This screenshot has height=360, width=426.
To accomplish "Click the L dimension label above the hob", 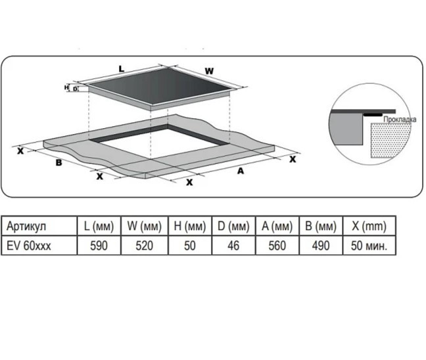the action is (x=122, y=69).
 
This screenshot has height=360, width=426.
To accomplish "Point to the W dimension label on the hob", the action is (x=209, y=71).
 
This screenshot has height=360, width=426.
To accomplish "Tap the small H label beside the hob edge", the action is (x=66, y=87).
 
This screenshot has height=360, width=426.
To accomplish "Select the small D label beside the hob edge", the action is (x=75, y=89).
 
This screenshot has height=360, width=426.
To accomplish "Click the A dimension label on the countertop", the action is (x=241, y=171).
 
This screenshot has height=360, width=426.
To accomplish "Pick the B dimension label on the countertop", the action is (x=59, y=163).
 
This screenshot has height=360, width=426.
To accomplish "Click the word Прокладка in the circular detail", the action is (x=400, y=120).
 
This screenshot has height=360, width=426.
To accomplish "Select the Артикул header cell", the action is (x=39, y=226).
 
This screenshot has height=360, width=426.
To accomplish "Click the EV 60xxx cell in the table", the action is (x=39, y=246).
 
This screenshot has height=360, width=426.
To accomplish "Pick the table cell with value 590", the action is (x=99, y=246).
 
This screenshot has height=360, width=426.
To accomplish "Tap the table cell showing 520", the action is (x=145, y=246).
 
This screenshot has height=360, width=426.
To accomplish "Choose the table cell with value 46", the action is (x=233, y=246).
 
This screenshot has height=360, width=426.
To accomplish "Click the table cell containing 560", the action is (x=277, y=246).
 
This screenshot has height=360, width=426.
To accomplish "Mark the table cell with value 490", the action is (x=321, y=246).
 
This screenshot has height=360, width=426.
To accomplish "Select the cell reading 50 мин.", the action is (x=369, y=246).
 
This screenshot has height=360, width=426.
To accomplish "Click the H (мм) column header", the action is (x=190, y=226).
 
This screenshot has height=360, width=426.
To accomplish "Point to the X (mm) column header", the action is (x=369, y=226).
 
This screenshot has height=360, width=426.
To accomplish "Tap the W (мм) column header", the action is (x=145, y=226).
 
